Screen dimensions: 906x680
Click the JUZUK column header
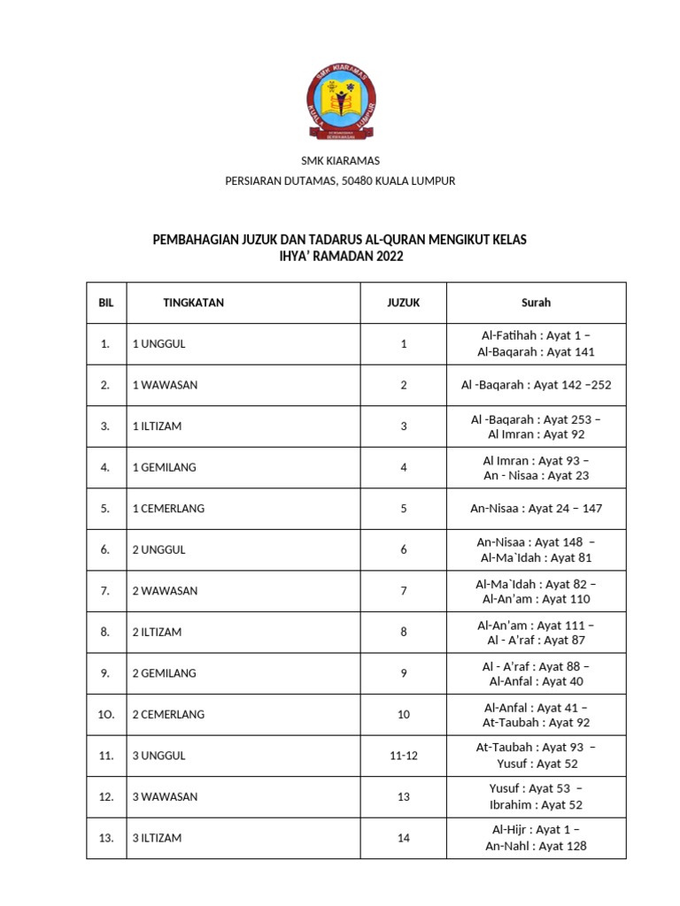[x=403, y=303]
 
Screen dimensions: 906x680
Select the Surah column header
[x=536, y=303]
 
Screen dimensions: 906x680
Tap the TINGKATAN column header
[x=193, y=303]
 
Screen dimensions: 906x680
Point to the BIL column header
[x=106, y=303]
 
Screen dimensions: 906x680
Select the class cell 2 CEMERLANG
[x=168, y=714]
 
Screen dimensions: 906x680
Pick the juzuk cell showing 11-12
[x=403, y=756]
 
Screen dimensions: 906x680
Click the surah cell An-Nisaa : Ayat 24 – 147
[x=536, y=509]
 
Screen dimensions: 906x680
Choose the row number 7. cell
[x=105, y=590]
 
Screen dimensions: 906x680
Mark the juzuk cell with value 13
[x=403, y=796]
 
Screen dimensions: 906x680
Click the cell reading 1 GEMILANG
[x=164, y=467]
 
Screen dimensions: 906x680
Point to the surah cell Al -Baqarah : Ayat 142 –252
[x=536, y=385]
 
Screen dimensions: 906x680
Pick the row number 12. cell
[x=106, y=796]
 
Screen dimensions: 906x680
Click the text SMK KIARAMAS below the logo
[x=340, y=160]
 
